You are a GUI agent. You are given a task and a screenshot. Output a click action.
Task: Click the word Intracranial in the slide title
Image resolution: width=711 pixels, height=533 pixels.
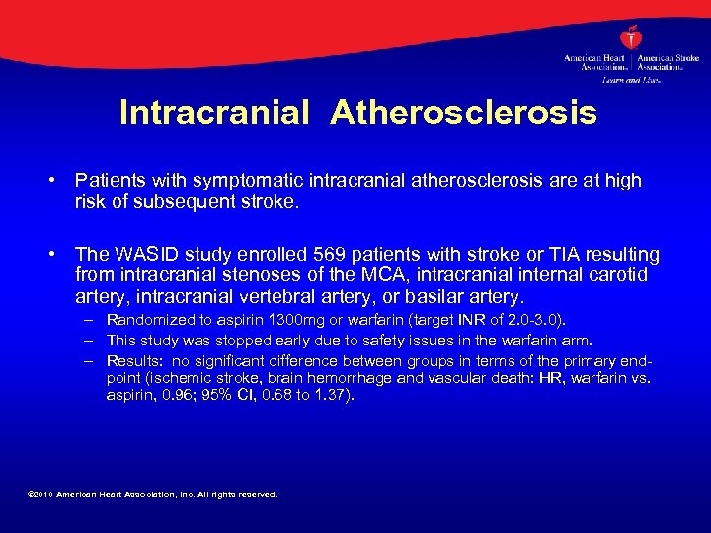tap(213, 113)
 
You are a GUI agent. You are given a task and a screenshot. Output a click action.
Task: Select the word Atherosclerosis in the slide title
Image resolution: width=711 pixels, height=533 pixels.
tap(463, 113)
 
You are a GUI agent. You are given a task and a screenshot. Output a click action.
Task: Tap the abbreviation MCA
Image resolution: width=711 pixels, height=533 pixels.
tap(351, 275)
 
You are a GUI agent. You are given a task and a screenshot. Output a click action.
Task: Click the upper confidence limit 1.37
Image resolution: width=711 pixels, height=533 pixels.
tap(331, 395)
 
